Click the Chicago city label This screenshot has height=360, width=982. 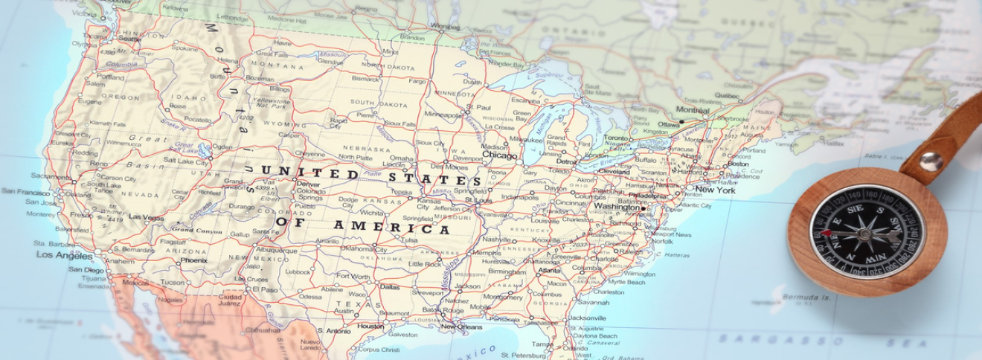coord(499,155)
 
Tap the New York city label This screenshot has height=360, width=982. coord(715,190)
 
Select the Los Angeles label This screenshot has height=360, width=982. coord(65,255)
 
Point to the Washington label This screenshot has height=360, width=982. coord(617,207)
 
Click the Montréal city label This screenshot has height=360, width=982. coord(693,110)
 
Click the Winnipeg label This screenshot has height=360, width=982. coord(445,27)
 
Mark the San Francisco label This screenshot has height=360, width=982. coord(25,191)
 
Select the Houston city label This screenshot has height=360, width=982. coord(370,326)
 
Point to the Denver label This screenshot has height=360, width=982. coord(308,184)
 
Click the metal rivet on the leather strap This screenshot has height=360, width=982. coord(930,161)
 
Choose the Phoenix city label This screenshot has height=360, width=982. coord(193,260)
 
